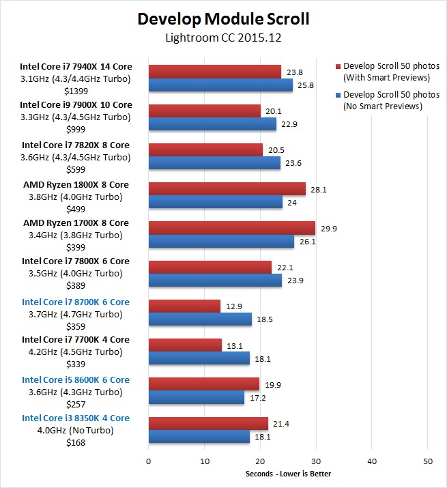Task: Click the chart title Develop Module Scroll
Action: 223,18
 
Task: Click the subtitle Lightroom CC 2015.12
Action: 223,38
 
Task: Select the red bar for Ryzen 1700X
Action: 231,228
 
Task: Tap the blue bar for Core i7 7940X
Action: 220,85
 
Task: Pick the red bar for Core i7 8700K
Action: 184,306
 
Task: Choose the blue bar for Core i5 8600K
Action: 196,397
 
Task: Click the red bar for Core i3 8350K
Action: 208,424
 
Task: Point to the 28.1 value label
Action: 319,190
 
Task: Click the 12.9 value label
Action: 234,306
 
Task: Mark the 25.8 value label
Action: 306,85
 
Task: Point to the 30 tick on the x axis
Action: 315,461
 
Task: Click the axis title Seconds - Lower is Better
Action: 287,474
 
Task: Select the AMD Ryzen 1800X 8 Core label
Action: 76,185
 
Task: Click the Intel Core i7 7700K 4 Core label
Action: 75,340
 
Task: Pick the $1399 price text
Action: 76,90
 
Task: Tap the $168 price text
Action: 76,442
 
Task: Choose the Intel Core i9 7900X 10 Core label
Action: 76,105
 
